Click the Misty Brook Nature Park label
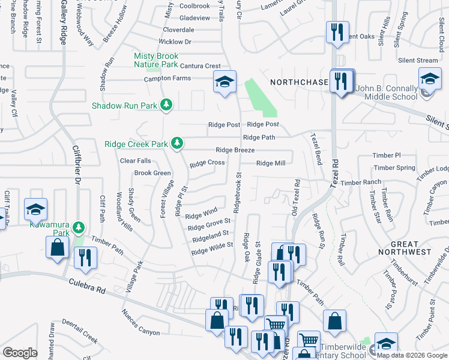(x=156, y=60)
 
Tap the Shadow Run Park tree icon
(x=166, y=105)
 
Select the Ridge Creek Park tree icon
(x=176, y=143)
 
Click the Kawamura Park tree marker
(x=79, y=228)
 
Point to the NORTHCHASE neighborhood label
(x=298, y=82)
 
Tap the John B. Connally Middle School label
(x=386, y=92)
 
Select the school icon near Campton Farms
(x=225, y=82)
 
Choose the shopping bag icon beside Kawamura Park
(x=57, y=247)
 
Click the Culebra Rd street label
(x=86, y=285)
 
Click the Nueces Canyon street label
(x=140, y=322)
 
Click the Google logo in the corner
(x=20, y=353)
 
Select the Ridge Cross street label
(x=207, y=163)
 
